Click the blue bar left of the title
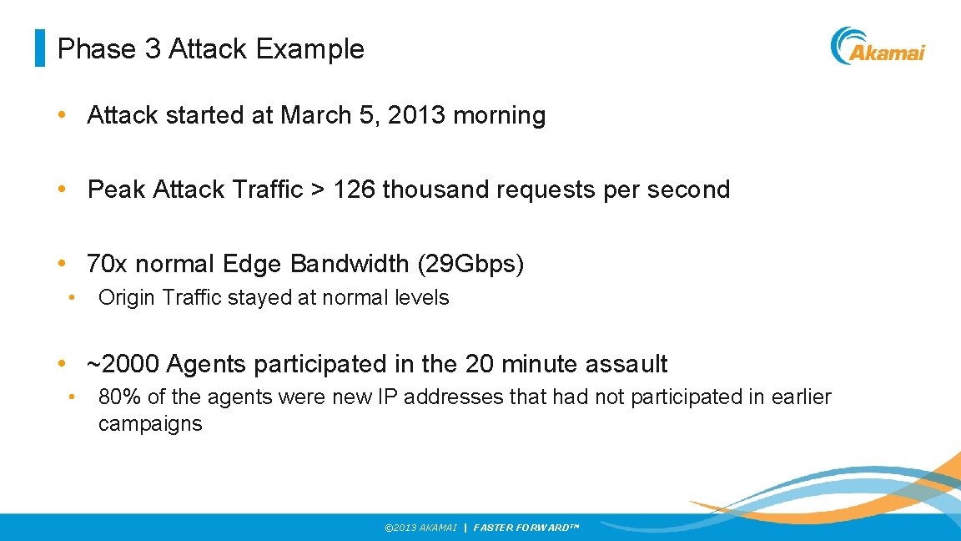point(39,48)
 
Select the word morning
point(499,115)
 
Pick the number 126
point(355,190)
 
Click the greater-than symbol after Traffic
point(318,190)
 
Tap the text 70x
point(108,264)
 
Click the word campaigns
point(150,424)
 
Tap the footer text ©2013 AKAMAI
point(420,528)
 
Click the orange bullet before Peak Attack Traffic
point(61,190)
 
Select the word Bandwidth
point(350,264)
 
